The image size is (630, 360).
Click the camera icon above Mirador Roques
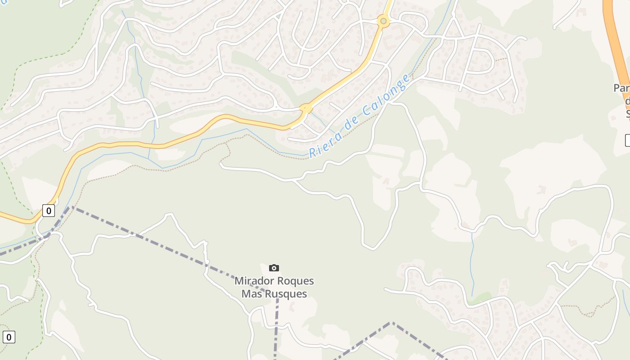274,268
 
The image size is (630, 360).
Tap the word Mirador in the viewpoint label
254,281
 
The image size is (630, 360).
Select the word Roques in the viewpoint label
295,281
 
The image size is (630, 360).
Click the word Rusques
286,294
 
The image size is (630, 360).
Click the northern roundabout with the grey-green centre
383,21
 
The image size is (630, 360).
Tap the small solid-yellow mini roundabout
306,108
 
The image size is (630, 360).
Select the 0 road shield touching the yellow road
49,211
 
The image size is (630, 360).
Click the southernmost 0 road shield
9,337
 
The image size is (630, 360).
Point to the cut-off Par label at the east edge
621,88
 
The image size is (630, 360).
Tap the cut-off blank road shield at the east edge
627,140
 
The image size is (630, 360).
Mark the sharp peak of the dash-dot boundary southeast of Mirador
391,323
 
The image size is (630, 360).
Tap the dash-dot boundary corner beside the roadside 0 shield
71,207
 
